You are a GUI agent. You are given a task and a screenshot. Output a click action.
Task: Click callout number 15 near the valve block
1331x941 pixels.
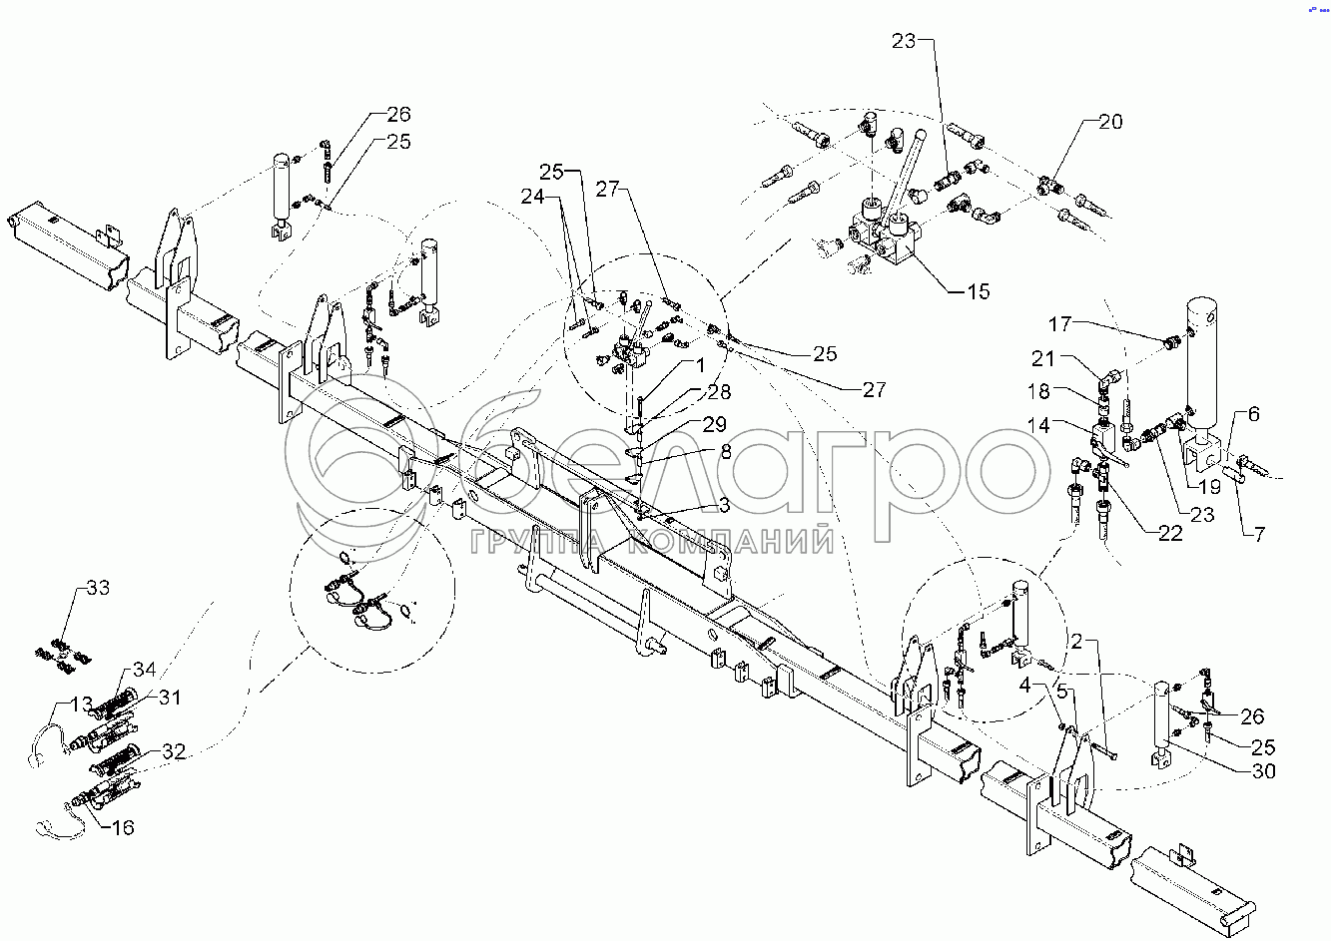978,291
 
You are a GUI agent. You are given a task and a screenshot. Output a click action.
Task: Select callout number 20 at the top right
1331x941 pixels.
1110,122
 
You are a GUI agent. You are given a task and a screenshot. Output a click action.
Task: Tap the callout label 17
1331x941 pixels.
1059,324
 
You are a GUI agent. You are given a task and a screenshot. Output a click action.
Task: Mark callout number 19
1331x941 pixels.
1209,488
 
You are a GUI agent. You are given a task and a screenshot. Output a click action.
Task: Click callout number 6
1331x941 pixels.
1253,414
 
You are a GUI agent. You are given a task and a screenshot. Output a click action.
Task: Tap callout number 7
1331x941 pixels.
1259,535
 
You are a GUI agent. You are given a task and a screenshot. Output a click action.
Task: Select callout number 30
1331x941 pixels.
1263,771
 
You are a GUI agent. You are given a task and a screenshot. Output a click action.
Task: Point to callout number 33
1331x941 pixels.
98,588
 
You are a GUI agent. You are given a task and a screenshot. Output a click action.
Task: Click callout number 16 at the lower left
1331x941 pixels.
122,827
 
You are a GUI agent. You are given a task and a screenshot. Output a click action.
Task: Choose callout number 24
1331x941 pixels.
533,197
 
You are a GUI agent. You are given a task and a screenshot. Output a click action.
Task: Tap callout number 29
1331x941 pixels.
714,425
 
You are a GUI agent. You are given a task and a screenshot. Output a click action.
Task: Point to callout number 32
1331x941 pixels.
175,752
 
